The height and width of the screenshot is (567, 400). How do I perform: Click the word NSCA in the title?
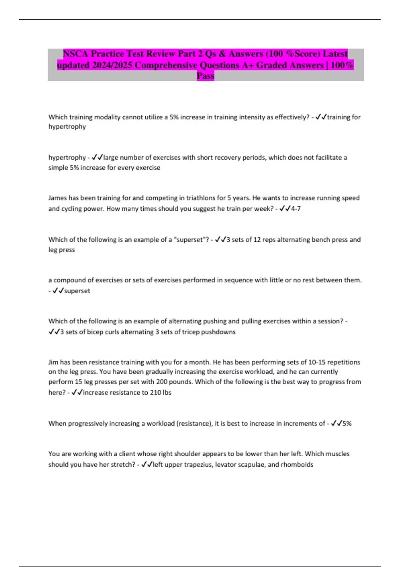coord(75,54)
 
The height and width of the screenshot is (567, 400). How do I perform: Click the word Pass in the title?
coord(205,76)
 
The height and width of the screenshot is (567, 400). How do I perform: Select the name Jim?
coord(53,362)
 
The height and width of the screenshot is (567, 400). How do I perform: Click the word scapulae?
coord(253,465)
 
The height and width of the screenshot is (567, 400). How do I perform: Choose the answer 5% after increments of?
coord(347,424)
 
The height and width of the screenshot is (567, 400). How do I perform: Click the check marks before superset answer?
coord(58,291)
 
